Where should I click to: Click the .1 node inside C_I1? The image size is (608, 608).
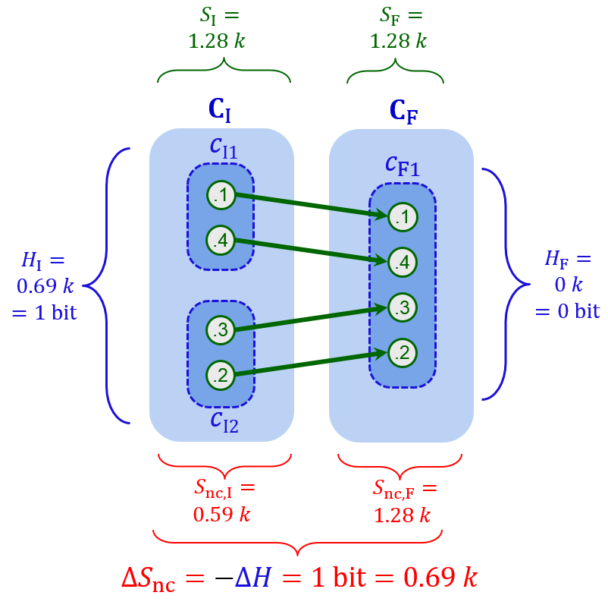221,195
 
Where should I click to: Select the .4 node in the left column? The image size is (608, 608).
221,241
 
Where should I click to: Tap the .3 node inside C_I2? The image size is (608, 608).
221,330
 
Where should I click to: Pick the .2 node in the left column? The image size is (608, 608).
221,374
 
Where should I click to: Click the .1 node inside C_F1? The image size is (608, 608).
403,217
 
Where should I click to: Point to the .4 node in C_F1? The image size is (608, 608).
403,263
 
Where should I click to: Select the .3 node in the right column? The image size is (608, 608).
403,307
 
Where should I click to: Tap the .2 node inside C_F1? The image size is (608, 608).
403,352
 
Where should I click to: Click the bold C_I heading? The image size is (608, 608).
220,111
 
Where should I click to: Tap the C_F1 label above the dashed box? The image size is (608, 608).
402,165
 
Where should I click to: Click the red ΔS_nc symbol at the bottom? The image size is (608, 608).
162,578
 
